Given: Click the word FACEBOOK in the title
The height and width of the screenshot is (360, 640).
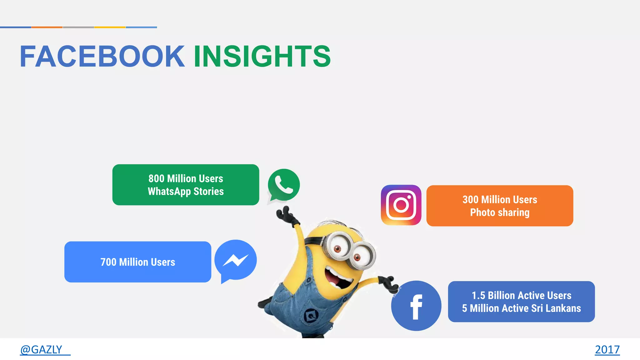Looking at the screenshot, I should click(102, 57).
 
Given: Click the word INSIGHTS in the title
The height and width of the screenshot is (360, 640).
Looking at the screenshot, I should click(262, 57).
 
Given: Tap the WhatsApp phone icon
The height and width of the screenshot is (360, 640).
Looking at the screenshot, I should click(284, 185).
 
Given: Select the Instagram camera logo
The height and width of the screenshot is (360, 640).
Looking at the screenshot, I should click(401, 205).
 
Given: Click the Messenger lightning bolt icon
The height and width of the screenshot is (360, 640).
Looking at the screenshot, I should click(236, 260).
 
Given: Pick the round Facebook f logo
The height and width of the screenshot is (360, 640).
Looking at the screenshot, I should click(416, 306).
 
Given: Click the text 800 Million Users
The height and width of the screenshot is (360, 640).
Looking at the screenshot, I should click(186, 178).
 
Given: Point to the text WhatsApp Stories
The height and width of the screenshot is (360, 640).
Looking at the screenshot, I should click(186, 191).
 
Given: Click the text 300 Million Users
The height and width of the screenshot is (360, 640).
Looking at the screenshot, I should click(500, 199).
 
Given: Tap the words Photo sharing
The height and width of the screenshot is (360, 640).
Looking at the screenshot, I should click(500, 212).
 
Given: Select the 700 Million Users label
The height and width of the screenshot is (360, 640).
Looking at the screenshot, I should click(138, 262).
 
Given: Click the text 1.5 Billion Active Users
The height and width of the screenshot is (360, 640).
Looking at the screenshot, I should click(521, 295).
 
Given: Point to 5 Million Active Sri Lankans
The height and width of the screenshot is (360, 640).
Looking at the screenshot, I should click(521, 308).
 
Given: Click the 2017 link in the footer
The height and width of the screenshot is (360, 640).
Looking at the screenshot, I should click(607, 349).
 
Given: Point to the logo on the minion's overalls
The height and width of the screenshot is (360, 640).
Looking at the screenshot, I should click(311, 316).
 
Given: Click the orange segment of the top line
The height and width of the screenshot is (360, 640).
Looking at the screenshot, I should click(47, 27).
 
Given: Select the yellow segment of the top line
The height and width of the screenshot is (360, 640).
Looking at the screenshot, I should click(110, 27).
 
